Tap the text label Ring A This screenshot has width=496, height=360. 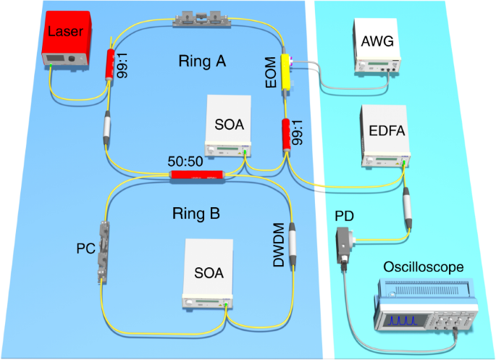click(x=202, y=63)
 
